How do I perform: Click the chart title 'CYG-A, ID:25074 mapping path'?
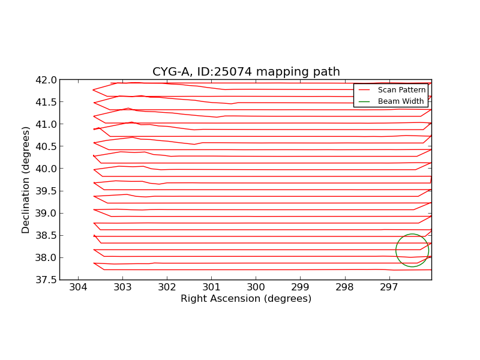pyautogui.click(x=246, y=72)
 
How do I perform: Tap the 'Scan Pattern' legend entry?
pyautogui.click(x=401, y=89)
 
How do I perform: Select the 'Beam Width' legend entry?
pyautogui.click(x=400, y=101)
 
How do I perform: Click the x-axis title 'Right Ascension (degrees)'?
pyautogui.click(x=246, y=299)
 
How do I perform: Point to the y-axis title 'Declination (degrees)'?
pyautogui.click(x=26, y=179)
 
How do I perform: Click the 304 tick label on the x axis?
pyautogui.click(x=78, y=288)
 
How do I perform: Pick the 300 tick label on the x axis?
pyautogui.click(x=256, y=288)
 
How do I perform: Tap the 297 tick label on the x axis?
pyautogui.click(x=389, y=288)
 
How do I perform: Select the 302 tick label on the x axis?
pyautogui.click(x=167, y=288)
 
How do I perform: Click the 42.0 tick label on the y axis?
pyautogui.click(x=46, y=80)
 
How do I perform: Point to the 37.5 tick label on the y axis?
pyautogui.click(x=46, y=280)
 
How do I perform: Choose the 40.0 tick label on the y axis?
pyautogui.click(x=46, y=169)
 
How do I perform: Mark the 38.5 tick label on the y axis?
pyautogui.click(x=46, y=235)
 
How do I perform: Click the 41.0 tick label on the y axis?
pyautogui.click(x=46, y=124)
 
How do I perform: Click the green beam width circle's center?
pyautogui.click(x=412, y=250)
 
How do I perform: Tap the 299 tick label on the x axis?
pyautogui.click(x=300, y=288)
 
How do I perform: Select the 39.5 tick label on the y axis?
pyautogui.click(x=46, y=191)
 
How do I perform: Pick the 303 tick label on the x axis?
pyautogui.click(x=122, y=288)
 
